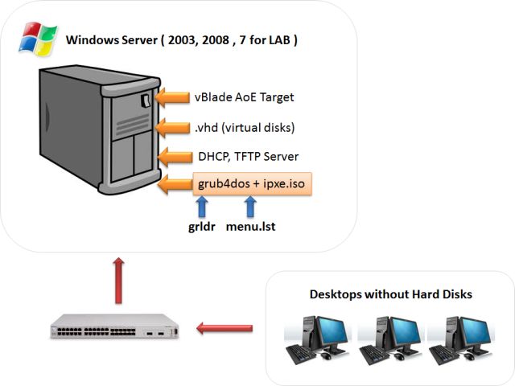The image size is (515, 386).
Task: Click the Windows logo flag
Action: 39,39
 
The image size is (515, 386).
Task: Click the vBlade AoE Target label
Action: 244,97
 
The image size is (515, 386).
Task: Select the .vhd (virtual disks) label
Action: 244,126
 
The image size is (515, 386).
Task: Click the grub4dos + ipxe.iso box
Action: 250,183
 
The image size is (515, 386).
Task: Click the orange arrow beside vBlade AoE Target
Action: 171,98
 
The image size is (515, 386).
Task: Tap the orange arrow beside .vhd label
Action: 171,127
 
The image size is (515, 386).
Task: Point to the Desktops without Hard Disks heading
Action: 390,294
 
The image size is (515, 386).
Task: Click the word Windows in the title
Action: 91,39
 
